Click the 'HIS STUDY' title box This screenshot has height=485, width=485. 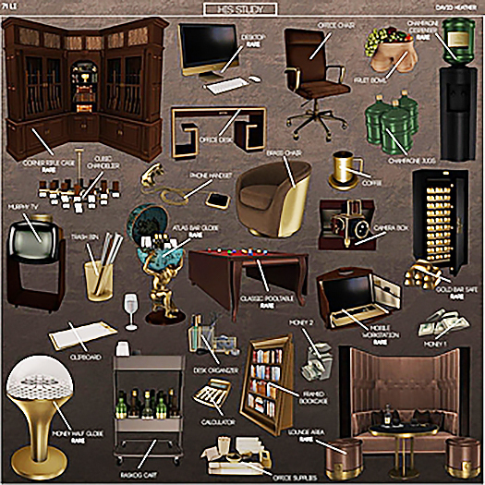click(241, 9)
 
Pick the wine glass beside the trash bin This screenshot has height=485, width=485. click(131, 306)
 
